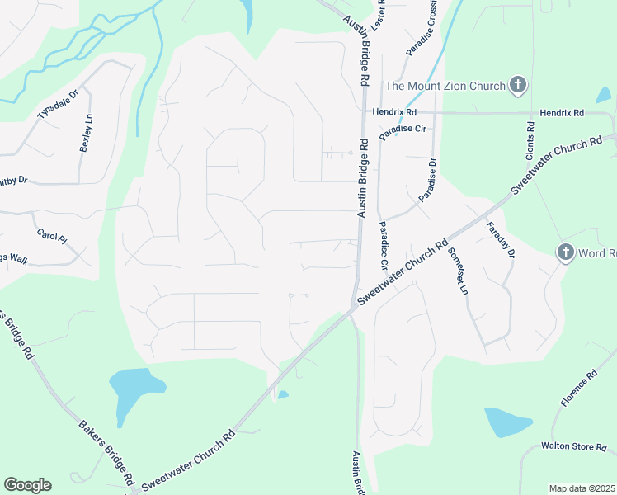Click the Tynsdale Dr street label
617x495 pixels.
(57, 105)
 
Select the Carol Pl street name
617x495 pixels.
(51, 235)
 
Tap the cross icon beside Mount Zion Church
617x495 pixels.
(517, 84)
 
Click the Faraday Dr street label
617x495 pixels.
(501, 240)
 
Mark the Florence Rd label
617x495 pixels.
(579, 388)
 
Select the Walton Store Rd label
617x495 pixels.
(574, 446)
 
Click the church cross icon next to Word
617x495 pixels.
(565, 252)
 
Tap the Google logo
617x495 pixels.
(27, 485)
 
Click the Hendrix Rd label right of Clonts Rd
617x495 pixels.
(562, 112)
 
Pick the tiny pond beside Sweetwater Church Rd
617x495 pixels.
(283, 395)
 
